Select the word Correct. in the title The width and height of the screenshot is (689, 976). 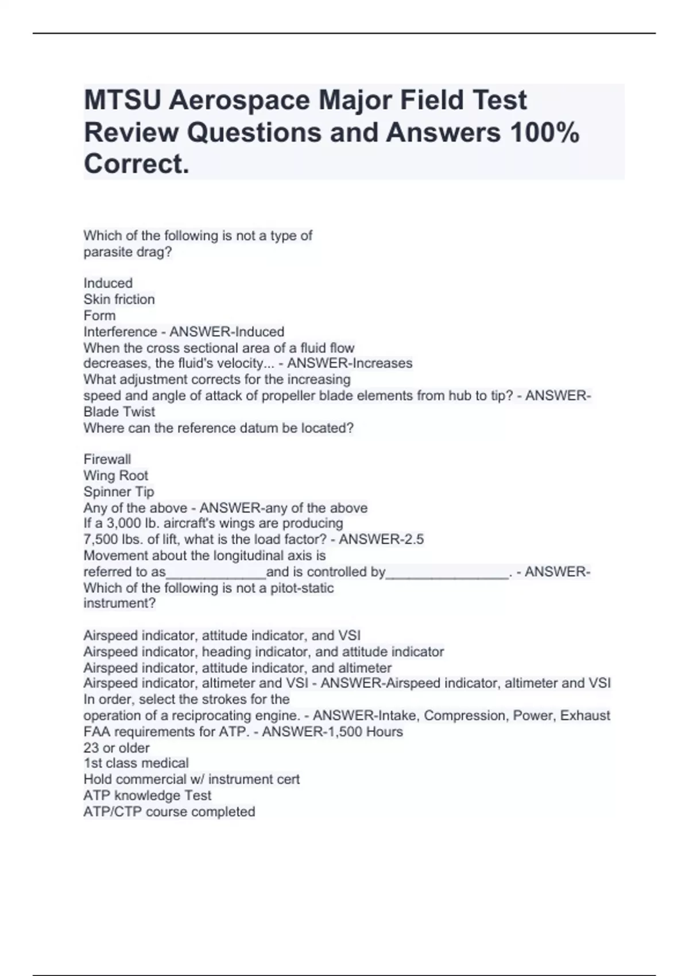tap(137, 165)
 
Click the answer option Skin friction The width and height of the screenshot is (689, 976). tap(119, 299)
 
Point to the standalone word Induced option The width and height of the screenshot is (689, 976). tap(108, 283)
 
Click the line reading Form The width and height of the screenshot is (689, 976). tap(99, 315)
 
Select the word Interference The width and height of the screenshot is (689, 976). tap(120, 332)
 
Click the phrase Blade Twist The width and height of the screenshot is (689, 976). tap(119, 412)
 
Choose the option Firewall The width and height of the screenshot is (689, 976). tap(107, 459)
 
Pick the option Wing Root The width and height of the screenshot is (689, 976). tap(115, 475)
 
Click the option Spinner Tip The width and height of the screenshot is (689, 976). tap(119, 491)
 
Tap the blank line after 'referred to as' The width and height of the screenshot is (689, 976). tap(216, 573)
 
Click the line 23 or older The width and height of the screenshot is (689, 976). tap(117, 748)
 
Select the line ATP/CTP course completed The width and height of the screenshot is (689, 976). tap(169, 812)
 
